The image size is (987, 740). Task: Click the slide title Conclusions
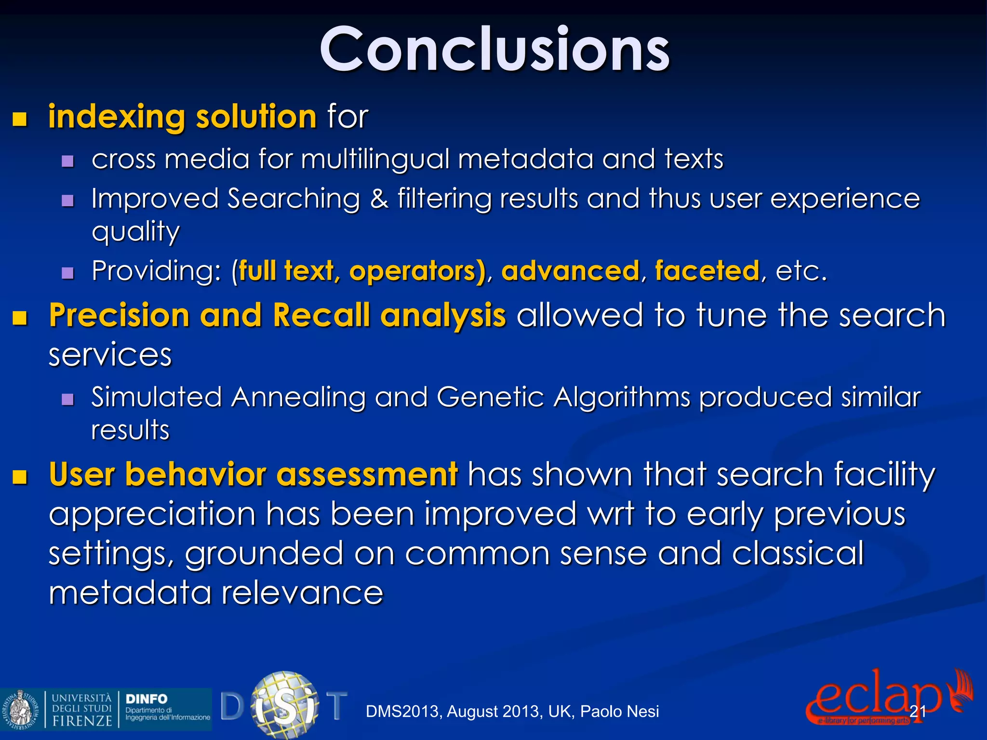coord(494,50)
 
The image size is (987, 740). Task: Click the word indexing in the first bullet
coord(116,117)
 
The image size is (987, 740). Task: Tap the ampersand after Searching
coord(379,199)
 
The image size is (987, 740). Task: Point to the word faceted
coord(707,271)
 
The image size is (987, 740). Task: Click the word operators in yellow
coord(417,271)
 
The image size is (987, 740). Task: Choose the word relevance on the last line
coord(302,593)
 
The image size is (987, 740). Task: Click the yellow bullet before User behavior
coord(20,476)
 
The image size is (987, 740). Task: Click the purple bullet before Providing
coord(68,273)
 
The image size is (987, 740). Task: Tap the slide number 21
coord(918,711)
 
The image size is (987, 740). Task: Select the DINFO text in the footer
coord(147,699)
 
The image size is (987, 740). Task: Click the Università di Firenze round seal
coord(21,709)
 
